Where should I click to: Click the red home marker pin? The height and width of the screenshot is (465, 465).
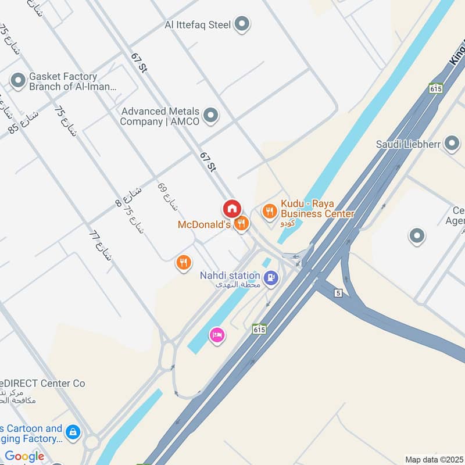pyautogui.click(x=231, y=208)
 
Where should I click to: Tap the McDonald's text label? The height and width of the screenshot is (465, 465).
pyautogui.click(x=204, y=224)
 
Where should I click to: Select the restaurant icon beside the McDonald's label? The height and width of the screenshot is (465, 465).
pyautogui.click(x=242, y=223)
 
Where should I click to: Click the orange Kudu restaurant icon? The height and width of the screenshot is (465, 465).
pyautogui.click(x=269, y=211)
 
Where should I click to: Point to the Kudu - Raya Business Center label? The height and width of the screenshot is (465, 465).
pyautogui.click(x=317, y=209)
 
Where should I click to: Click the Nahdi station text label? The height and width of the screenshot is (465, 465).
pyautogui.click(x=230, y=276)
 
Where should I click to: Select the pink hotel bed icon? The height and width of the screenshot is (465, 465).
pyautogui.click(x=217, y=336)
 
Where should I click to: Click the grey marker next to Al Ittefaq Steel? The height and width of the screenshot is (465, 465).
pyautogui.click(x=242, y=24)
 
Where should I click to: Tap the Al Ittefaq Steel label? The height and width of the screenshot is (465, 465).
pyautogui.click(x=198, y=24)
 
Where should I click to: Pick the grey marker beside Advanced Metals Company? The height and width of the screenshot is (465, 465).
pyautogui.click(x=211, y=116)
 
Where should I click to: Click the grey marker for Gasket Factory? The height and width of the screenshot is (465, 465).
pyautogui.click(x=18, y=81)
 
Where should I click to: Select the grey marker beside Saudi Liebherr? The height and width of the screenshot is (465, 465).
pyautogui.click(x=452, y=144)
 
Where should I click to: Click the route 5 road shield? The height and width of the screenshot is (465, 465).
pyautogui.click(x=338, y=294)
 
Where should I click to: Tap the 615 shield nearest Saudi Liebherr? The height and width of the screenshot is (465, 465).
pyautogui.click(x=436, y=88)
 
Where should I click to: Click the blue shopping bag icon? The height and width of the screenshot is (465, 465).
pyautogui.click(x=74, y=432)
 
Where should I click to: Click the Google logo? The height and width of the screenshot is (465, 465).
pyautogui.click(x=24, y=456)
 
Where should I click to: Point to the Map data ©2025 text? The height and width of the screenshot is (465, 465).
pyautogui.click(x=433, y=459)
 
